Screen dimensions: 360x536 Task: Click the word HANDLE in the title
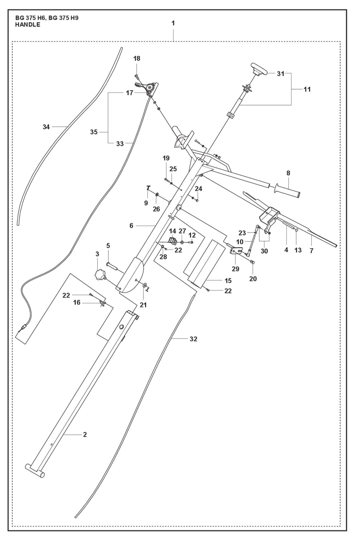tap(28, 25)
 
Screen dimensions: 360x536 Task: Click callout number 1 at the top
tap(173, 23)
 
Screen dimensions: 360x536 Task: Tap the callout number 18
tap(137, 59)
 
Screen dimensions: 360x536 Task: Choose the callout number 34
tap(46, 127)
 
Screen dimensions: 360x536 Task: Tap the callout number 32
tap(193, 339)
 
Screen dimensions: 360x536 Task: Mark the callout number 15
tap(228, 281)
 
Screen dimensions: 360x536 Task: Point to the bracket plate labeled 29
tap(236, 251)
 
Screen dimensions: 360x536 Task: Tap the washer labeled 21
tap(145, 285)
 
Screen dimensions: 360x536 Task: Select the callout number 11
tap(307, 90)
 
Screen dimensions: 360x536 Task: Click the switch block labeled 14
tap(173, 240)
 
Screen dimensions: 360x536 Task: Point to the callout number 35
tap(94, 132)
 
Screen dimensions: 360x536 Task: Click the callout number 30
tap(264, 251)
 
